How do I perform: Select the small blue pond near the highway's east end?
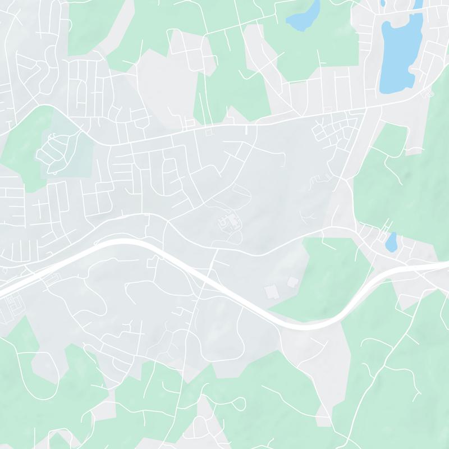pos(391,242)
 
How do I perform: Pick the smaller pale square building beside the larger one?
pos(292,281)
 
